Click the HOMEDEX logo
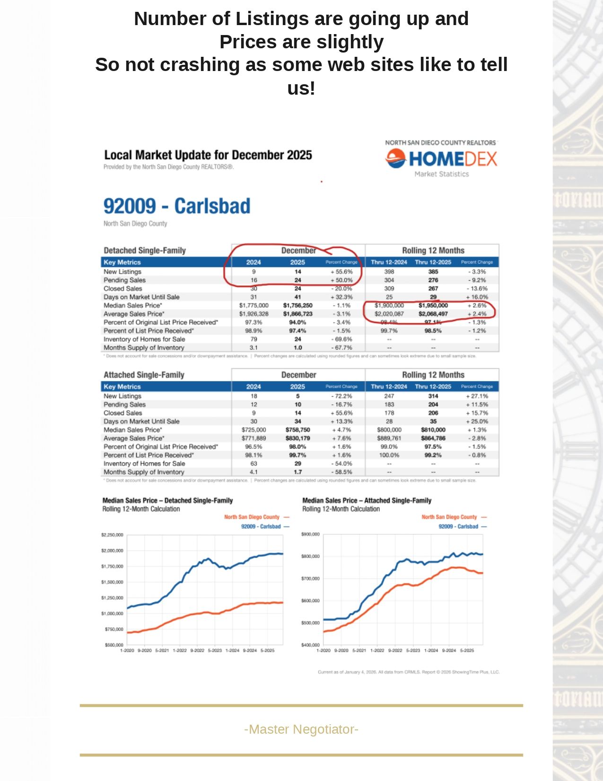441,159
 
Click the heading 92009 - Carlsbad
177,206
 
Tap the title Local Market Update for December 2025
208,155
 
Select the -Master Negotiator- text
301,729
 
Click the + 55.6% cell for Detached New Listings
341,272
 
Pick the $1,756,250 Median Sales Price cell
297,306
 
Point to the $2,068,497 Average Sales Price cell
433,314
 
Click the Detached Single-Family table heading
145,250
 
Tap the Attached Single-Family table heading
144,375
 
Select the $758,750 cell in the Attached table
297,430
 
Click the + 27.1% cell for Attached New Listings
477,396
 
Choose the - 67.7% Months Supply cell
341,347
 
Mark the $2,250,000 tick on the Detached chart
112,535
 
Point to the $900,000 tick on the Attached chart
310,534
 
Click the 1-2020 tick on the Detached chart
127,650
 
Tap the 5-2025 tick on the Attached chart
467,650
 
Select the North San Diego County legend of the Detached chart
252,517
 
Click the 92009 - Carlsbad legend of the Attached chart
458,526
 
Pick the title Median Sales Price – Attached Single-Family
367,500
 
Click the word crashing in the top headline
198,65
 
